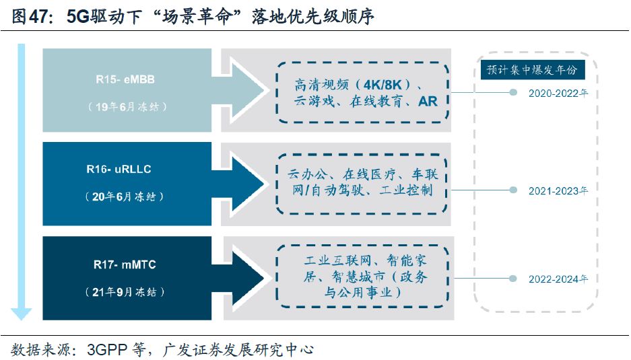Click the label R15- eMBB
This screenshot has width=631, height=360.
click(x=126, y=79)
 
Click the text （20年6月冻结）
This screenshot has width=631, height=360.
click(x=126, y=196)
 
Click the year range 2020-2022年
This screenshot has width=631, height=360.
click(x=558, y=94)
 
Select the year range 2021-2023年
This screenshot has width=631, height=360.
click(x=558, y=190)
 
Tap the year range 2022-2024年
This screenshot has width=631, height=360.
click(x=558, y=279)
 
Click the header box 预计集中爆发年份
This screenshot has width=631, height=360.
click(x=532, y=70)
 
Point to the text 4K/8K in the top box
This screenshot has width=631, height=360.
click(x=387, y=85)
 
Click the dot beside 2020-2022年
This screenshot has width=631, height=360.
click(x=513, y=93)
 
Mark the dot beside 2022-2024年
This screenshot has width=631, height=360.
click(x=513, y=279)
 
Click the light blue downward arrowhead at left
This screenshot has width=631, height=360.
click(x=21, y=312)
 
